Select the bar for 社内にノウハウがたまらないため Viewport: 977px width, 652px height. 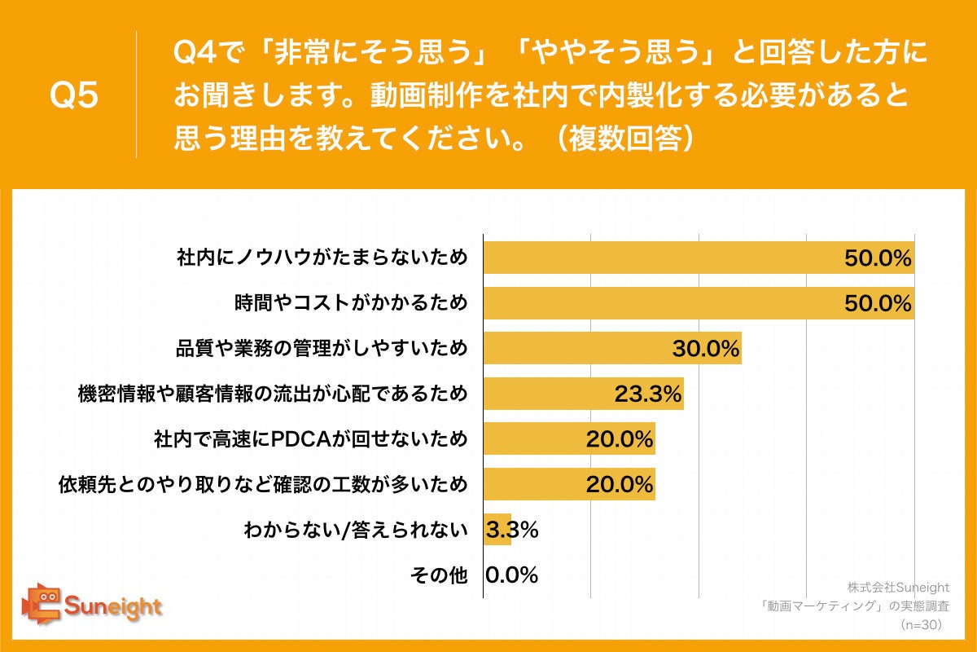click(x=699, y=258)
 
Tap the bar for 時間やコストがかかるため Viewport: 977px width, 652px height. click(x=699, y=303)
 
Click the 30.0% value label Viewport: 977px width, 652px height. click(x=705, y=349)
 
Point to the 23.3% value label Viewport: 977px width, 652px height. click(x=647, y=394)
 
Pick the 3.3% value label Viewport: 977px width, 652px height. click(x=512, y=530)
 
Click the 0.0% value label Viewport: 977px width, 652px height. click(x=512, y=575)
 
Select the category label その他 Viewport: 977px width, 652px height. click(x=438, y=575)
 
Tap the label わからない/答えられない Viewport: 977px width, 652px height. click(x=356, y=531)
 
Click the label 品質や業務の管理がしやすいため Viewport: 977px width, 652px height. click(x=322, y=349)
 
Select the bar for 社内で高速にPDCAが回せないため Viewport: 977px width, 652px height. click(x=568, y=440)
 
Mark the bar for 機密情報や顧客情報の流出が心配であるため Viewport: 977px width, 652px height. click(x=583, y=394)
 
